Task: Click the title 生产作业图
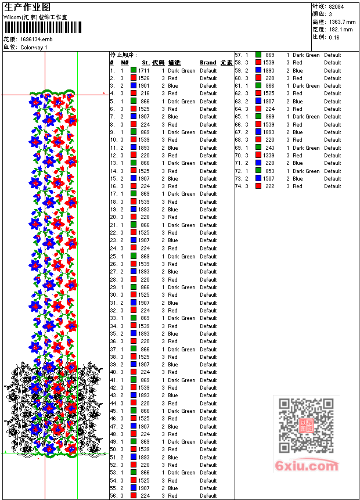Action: pos(27,7)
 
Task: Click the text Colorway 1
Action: pos(34,47)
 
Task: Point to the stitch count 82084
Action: pos(336,6)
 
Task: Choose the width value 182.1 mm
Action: pos(340,29)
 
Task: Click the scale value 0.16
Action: pos(334,37)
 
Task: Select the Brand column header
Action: pos(208,63)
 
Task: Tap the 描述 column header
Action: pos(174,63)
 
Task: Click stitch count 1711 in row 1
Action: pos(144,70)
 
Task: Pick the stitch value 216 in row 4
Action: pos(145,93)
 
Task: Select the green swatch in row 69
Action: pos(258,148)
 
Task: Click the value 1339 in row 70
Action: pos(268,156)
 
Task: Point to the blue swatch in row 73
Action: pos(258,179)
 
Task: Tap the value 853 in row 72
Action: pos(270,171)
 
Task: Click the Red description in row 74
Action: pos(297,186)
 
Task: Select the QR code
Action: pos(307,425)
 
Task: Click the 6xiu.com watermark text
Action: pos(307,466)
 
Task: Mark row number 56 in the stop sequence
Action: pos(113,496)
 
